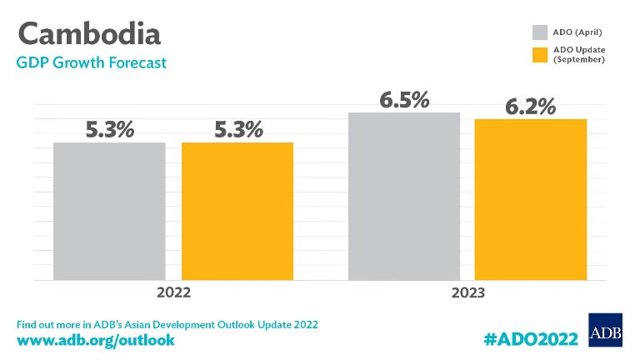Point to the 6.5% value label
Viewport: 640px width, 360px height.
404,100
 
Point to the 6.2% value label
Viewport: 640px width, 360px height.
531,107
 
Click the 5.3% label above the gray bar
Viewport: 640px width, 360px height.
109,130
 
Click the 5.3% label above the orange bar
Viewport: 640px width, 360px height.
237,130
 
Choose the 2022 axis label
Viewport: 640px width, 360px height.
173,293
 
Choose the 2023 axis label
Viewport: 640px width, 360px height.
467,293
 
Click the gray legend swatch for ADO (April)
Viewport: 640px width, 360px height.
540,32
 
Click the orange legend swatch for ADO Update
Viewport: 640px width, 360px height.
540,54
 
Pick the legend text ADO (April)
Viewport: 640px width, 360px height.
578,32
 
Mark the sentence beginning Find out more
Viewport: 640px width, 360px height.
167,322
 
